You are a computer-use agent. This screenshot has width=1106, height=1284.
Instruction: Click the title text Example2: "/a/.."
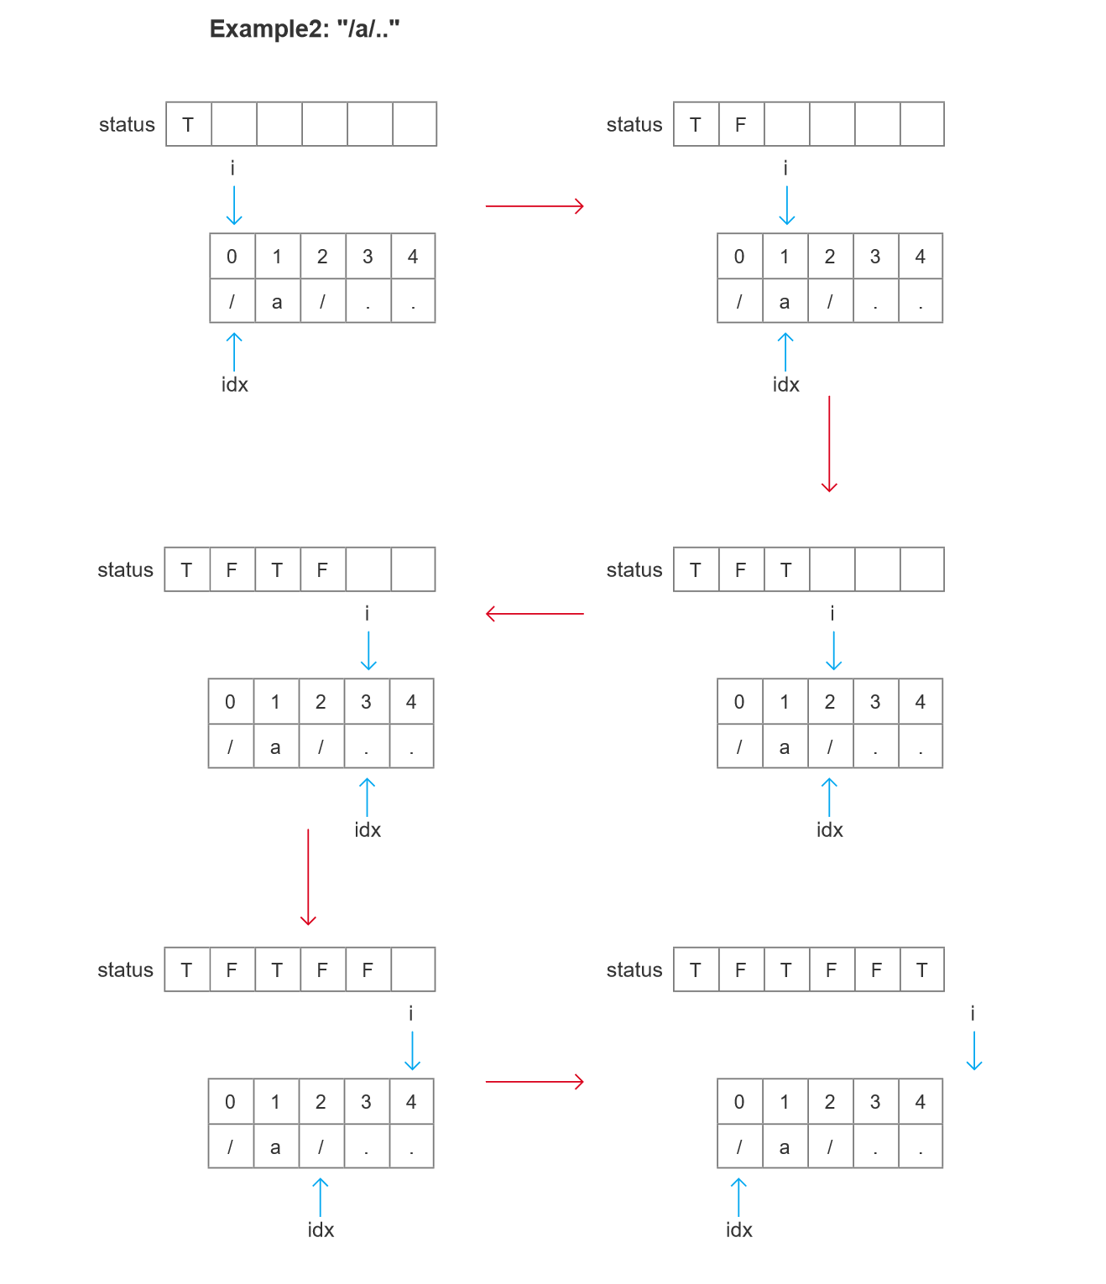304,29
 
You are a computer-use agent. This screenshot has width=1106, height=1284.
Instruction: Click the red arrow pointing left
535,614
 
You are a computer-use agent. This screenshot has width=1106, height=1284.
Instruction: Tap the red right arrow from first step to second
535,205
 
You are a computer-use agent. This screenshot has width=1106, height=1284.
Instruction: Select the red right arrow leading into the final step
535,1082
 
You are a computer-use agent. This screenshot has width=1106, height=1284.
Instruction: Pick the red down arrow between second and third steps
829,444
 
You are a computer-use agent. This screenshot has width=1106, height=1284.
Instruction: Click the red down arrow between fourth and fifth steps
308,877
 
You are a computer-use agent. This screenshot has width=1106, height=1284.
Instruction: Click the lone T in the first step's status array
188,125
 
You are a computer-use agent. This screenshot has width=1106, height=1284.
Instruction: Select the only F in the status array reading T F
740,125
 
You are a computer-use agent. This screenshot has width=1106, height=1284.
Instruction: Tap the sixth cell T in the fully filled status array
921,970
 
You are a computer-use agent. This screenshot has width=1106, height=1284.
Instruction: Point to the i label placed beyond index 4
973,1013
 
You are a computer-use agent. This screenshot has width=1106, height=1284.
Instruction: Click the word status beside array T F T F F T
634,970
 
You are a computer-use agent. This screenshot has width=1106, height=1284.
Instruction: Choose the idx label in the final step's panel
738,1229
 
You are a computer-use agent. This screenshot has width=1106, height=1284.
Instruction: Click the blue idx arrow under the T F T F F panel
320,1197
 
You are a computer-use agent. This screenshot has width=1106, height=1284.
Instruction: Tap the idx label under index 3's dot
368,829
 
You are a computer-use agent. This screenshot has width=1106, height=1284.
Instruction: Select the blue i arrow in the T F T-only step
833,651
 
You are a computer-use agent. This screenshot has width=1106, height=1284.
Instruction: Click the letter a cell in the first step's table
277,302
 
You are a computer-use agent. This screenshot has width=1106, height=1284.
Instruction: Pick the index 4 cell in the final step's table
920,1102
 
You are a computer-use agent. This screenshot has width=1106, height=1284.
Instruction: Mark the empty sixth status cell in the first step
415,125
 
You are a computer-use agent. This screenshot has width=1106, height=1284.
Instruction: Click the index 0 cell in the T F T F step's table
230,702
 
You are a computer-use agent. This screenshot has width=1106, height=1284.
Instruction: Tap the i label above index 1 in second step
785,169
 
